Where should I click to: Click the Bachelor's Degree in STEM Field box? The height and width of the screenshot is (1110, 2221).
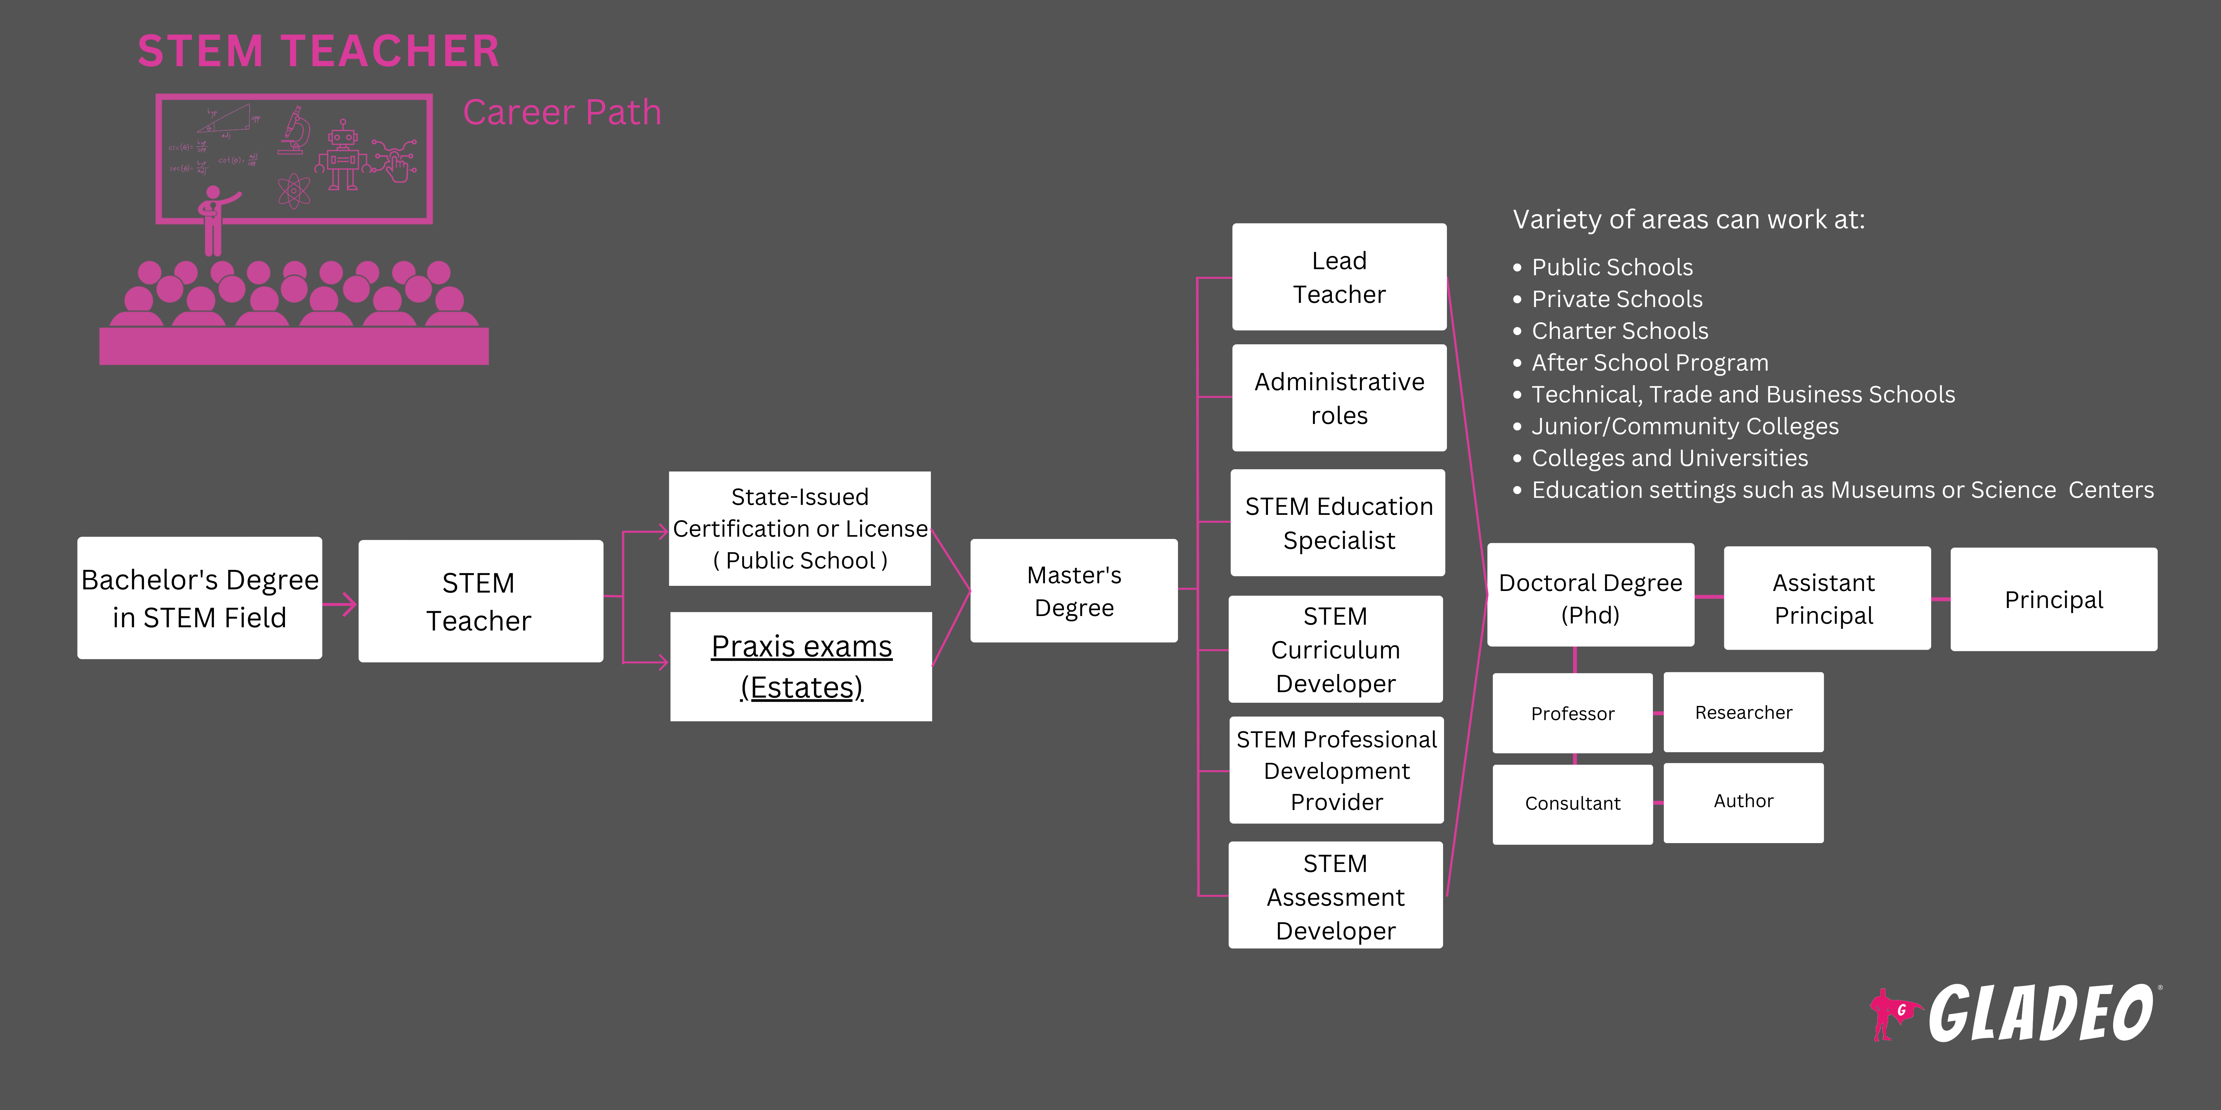tap(199, 598)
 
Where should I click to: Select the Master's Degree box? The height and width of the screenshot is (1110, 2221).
tap(1074, 591)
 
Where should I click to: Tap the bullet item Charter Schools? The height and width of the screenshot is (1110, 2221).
tap(1619, 331)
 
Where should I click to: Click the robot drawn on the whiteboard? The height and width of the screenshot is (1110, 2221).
tap(342, 155)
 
